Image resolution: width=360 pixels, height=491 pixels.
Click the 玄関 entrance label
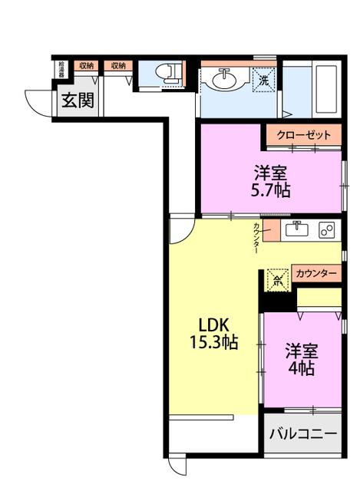point(78,101)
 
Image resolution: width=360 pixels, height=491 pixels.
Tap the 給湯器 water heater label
point(61,69)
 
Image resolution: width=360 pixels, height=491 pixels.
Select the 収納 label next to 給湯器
point(86,66)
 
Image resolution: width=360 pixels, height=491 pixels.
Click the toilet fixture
point(167,73)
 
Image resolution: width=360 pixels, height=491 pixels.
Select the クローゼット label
point(304,135)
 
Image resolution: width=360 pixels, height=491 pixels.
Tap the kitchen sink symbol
point(297,229)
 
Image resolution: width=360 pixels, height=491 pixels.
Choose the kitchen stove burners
point(326,230)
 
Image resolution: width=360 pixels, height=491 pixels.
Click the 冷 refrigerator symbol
point(277,278)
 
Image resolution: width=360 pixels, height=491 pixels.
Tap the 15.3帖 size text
point(214,342)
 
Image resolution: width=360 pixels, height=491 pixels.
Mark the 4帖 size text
point(302,368)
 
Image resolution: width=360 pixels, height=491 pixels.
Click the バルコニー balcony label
point(302,434)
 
